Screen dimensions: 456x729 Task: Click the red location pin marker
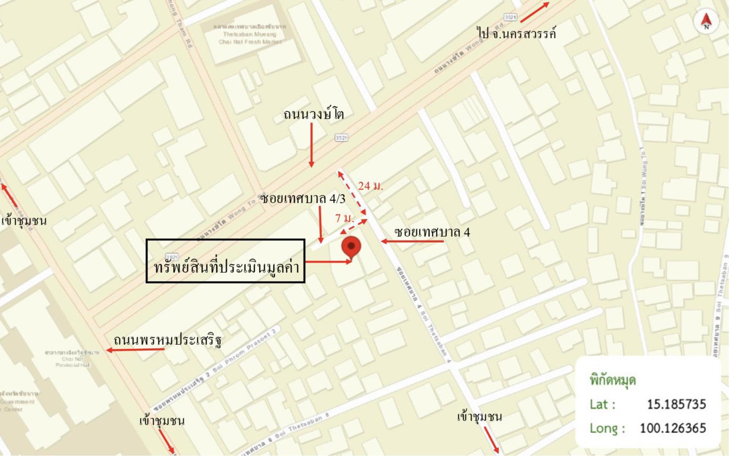pyautogui.click(x=351, y=247)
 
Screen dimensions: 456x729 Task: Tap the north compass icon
pyautogui.click(x=706, y=21)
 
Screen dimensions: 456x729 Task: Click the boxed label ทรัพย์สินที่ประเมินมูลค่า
pyautogui.click(x=226, y=261)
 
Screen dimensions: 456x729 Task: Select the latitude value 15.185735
pyautogui.click(x=676, y=405)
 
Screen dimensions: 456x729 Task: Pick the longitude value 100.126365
pyautogui.click(x=673, y=428)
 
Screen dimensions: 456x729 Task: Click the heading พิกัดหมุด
pyautogui.click(x=612, y=380)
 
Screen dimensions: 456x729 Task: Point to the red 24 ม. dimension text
pyautogui.click(x=370, y=186)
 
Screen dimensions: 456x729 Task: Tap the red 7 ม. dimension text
pyautogui.click(x=344, y=218)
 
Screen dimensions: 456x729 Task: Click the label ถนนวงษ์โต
pyautogui.click(x=314, y=115)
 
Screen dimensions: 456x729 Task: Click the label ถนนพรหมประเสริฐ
pyautogui.click(x=168, y=339)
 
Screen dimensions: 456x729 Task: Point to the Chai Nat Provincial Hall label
pyautogui.click(x=72, y=359)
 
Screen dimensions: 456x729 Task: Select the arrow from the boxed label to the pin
pyautogui.click(x=329, y=261)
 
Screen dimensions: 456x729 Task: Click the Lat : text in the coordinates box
pyautogui.click(x=602, y=405)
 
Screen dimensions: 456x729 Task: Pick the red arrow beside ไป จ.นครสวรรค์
pyautogui.click(x=534, y=12)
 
